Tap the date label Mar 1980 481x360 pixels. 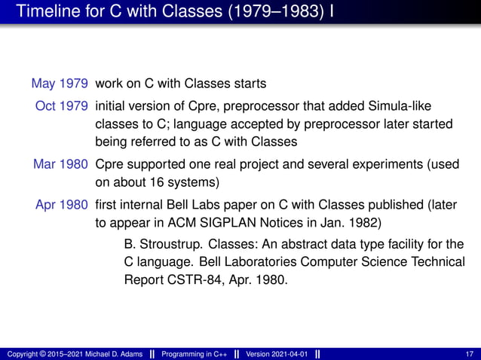[61, 163]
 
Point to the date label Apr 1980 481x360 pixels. [62, 204]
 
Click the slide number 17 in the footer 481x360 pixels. [470, 354]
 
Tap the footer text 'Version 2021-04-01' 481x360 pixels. [277, 354]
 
